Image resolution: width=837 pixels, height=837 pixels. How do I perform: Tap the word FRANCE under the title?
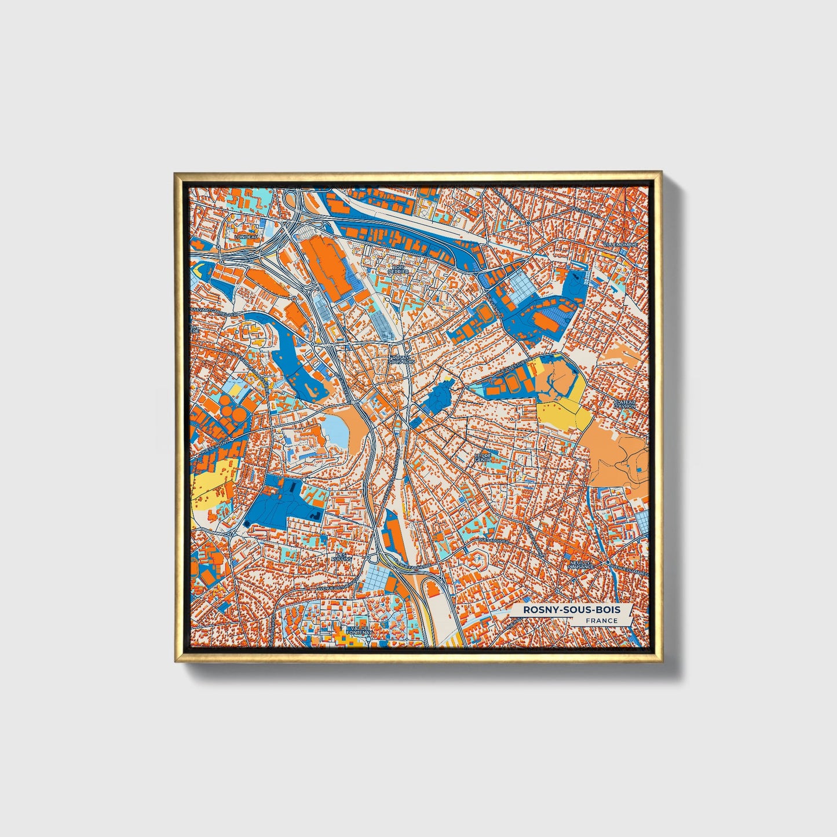point(601,621)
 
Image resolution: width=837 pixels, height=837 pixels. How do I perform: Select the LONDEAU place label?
point(245,237)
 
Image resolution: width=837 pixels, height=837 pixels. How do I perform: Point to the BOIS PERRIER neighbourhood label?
point(399,269)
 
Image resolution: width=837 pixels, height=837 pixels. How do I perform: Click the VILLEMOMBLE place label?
point(620,245)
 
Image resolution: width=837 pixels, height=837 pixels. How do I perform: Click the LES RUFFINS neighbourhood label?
point(340,557)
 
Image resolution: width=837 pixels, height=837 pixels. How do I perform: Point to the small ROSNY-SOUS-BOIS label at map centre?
point(399,360)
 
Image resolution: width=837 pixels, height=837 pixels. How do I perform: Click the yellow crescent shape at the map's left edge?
point(198,268)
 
